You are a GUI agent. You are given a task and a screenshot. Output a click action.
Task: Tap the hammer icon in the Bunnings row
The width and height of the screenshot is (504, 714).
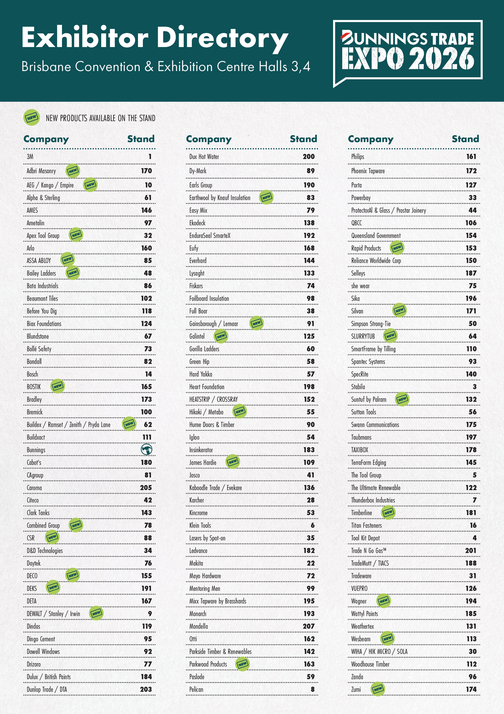click(x=147, y=450)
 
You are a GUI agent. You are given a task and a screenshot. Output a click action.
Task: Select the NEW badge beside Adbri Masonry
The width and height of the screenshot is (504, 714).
click(x=73, y=170)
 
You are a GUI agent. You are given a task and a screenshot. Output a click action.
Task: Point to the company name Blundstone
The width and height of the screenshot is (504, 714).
click(x=38, y=336)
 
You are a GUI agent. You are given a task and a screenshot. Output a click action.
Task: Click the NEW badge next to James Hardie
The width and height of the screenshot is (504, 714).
click(x=233, y=462)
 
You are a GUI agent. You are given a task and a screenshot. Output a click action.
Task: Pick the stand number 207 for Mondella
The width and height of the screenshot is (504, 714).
click(x=308, y=626)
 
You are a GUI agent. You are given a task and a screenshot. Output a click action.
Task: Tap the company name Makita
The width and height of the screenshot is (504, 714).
click(x=196, y=563)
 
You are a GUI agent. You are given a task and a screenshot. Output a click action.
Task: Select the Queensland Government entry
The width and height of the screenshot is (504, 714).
click(x=376, y=236)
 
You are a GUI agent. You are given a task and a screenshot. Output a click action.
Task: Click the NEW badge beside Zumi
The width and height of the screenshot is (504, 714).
click(x=378, y=689)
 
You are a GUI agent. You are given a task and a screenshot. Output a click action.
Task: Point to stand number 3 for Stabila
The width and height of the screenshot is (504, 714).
click(x=475, y=387)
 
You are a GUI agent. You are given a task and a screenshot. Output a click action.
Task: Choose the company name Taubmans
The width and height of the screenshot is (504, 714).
click(x=361, y=437)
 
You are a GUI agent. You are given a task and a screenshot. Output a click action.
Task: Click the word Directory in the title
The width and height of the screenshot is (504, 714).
click(x=223, y=38)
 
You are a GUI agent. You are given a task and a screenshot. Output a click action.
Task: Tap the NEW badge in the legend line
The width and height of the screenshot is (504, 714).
click(x=32, y=118)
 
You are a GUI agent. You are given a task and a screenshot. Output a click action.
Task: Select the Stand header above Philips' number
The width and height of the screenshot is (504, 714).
click(x=466, y=139)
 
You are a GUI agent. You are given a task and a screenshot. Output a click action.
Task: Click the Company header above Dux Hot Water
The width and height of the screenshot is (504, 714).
click(x=209, y=139)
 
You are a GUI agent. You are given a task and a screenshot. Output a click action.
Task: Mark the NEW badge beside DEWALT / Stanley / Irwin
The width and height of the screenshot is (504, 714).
click(x=96, y=613)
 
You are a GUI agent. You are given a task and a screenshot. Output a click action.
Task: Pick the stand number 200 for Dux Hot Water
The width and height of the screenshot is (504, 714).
click(x=309, y=157)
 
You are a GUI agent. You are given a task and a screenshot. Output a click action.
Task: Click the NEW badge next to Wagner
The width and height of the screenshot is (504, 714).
click(x=384, y=601)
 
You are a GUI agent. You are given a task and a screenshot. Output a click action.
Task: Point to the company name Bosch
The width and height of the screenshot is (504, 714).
click(x=33, y=374)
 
